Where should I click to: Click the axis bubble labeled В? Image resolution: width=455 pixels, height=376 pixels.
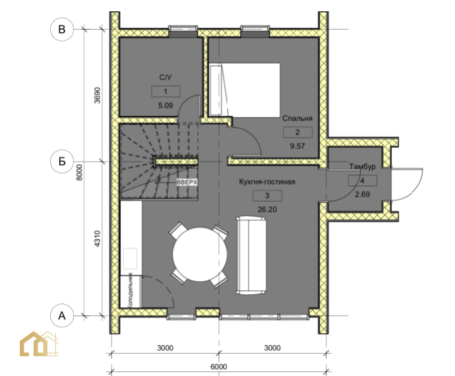(x=62, y=29)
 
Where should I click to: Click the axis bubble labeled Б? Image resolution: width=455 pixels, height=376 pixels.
(x=62, y=162)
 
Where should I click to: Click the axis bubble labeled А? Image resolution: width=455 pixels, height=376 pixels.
(x=62, y=315)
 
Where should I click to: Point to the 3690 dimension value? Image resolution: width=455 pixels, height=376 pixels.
(x=97, y=95)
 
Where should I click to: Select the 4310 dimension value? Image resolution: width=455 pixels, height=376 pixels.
(x=97, y=239)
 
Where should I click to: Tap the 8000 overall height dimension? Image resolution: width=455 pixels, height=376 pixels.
(x=79, y=172)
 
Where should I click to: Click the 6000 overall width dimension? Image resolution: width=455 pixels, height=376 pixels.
(x=218, y=367)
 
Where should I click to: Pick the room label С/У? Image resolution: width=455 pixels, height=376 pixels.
(x=166, y=78)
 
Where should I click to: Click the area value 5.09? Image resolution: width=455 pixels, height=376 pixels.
(x=166, y=106)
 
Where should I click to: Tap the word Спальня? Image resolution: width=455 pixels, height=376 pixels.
(x=297, y=119)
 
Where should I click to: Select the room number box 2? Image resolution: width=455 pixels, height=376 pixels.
(x=297, y=133)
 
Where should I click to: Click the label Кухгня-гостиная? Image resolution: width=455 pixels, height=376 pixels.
(x=267, y=182)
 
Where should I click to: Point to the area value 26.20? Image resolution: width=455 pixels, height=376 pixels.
(x=267, y=209)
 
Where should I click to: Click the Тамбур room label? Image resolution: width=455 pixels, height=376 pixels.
(x=362, y=167)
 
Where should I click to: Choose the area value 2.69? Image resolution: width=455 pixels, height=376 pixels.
(x=362, y=194)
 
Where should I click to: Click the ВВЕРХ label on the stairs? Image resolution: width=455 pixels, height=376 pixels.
(x=187, y=182)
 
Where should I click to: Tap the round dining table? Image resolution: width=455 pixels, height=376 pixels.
(x=200, y=255)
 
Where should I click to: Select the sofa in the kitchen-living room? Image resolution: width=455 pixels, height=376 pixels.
(x=251, y=255)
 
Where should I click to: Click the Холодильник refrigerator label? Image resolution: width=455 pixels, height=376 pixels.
(x=131, y=290)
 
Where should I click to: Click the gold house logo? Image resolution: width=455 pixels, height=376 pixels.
(x=39, y=344)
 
